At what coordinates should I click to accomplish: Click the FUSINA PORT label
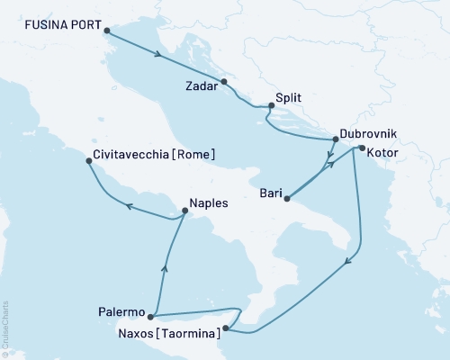coord(58,27)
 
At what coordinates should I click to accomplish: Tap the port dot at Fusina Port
coord(108,32)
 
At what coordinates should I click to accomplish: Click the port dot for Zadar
coord(225,83)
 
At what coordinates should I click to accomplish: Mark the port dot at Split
coord(269,107)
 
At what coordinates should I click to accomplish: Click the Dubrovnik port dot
coord(335,139)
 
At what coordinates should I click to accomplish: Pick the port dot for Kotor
coord(361,148)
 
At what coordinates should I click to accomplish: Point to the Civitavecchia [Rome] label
coord(154,155)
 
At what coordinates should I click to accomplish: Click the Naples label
coord(209,203)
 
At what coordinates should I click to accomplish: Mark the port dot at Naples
coord(184,211)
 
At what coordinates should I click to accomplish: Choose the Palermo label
coord(121,312)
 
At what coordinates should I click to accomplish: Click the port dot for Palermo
coord(150,316)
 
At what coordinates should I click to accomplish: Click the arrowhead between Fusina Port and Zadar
coord(158,56)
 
